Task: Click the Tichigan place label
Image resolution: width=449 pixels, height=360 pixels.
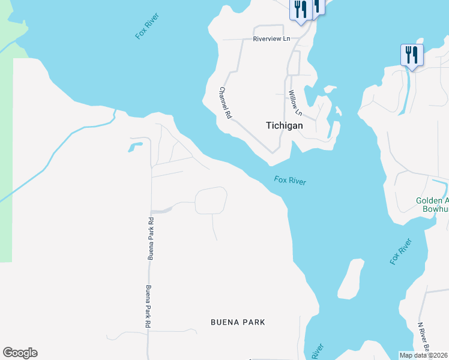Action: click(x=284, y=126)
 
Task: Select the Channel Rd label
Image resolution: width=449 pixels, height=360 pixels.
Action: click(x=224, y=103)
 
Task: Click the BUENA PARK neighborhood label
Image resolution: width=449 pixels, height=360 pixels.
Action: click(x=238, y=322)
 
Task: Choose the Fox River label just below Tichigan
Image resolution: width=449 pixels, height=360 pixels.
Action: click(x=291, y=181)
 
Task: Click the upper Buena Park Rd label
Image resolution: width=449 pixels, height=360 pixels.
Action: click(x=151, y=238)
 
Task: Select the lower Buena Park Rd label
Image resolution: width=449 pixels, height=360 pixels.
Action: click(x=147, y=305)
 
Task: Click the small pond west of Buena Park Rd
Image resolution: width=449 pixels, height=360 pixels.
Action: click(x=134, y=146)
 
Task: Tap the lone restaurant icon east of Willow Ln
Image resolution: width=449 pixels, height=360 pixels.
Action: click(x=411, y=55)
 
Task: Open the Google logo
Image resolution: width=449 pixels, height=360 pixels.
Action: click(x=20, y=353)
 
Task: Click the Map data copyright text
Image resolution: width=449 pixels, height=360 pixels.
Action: click(x=424, y=355)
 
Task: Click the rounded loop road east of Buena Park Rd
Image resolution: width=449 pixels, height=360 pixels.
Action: click(x=211, y=200)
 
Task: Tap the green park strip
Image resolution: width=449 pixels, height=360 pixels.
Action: click(x=6, y=180)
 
